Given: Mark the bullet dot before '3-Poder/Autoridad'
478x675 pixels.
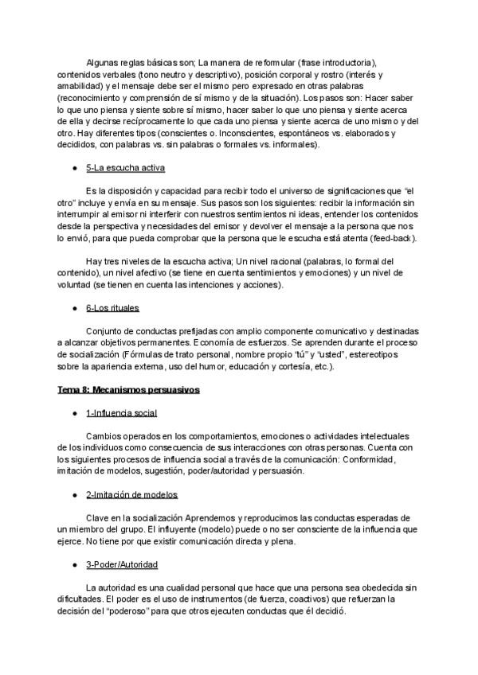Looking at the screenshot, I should click(74, 565).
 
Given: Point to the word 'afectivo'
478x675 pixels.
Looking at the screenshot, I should click(128, 273).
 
